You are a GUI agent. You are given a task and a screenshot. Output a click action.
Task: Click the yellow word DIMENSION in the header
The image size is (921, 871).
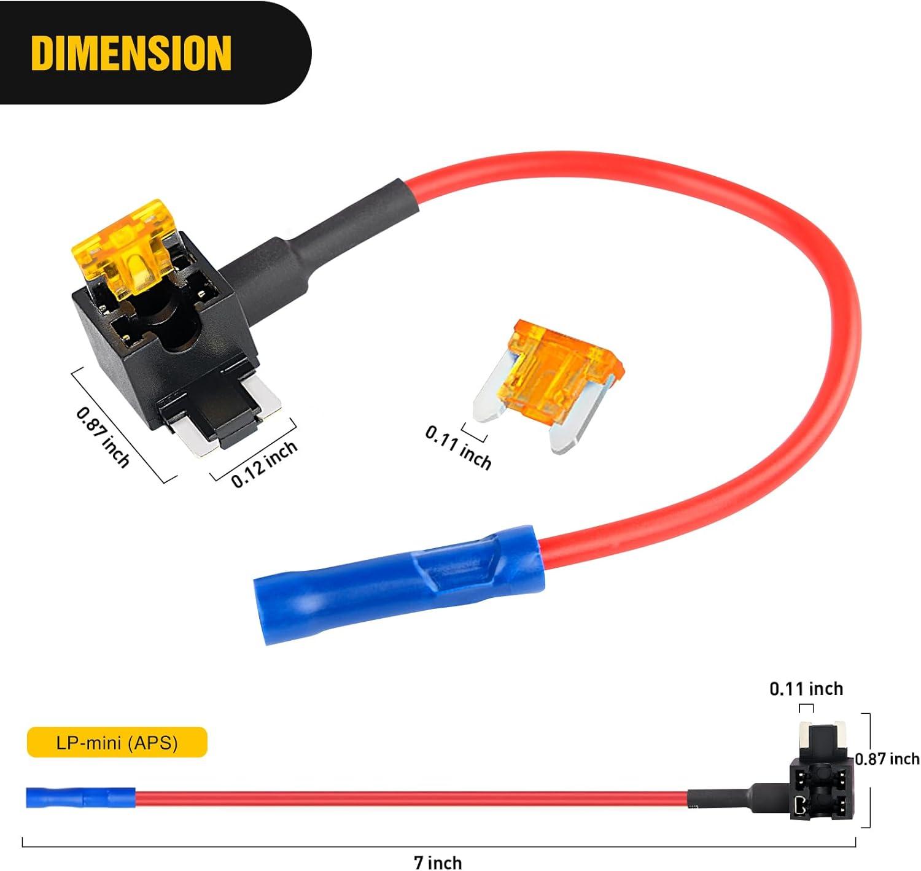(x=131, y=52)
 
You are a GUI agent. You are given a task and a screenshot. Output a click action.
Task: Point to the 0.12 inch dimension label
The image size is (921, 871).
(x=264, y=463)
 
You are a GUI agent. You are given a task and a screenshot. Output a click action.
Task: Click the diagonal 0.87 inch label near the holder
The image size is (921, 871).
(x=103, y=437)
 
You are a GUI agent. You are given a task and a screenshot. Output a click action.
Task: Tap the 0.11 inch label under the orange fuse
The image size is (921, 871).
(x=458, y=447)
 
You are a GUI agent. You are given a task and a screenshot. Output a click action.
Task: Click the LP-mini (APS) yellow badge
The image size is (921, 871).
(x=117, y=742)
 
